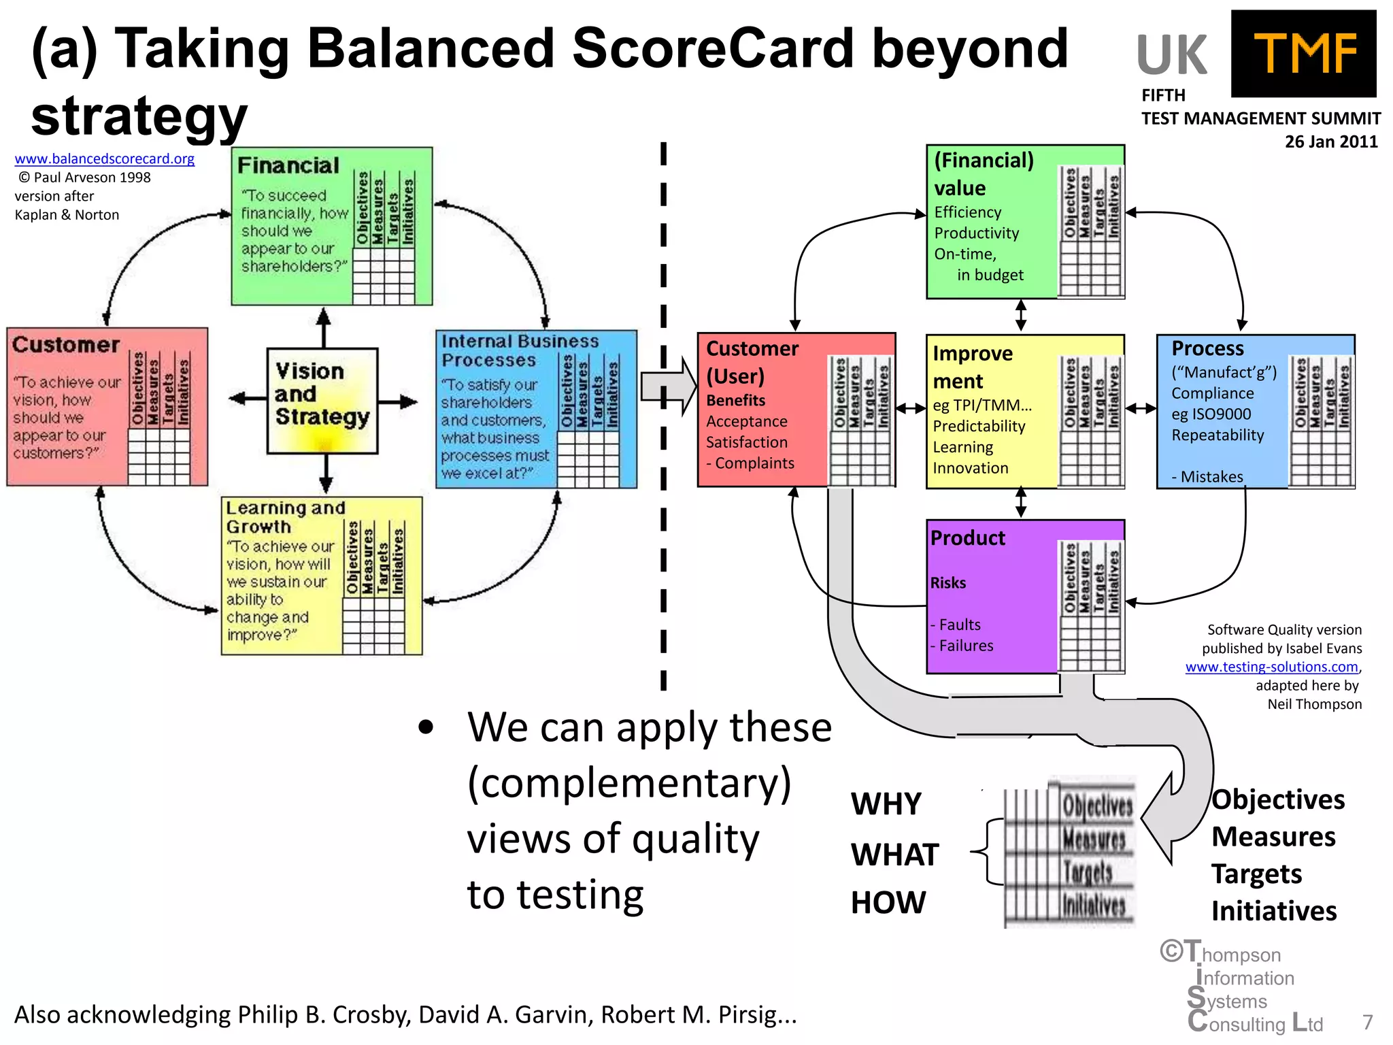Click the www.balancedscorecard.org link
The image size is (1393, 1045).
click(105, 159)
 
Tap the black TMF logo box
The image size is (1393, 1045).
click(1303, 54)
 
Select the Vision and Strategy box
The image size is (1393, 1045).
click(322, 400)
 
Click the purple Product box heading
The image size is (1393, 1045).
click(967, 538)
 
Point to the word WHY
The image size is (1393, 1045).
click(886, 804)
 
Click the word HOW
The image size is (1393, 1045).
click(888, 903)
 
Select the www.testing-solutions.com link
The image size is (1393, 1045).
click(1271, 667)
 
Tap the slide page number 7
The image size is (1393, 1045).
click(1367, 1023)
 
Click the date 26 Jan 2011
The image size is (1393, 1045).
click(1330, 142)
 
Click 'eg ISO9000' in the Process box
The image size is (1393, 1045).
click(1211, 414)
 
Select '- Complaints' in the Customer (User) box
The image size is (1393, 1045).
click(750, 463)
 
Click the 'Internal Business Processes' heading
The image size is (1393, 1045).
click(520, 350)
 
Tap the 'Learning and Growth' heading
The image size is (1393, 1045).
click(286, 517)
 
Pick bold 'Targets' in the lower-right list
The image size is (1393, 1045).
click(1256, 874)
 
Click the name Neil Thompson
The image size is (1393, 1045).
click(1314, 704)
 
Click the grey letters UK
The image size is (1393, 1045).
click(1171, 56)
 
